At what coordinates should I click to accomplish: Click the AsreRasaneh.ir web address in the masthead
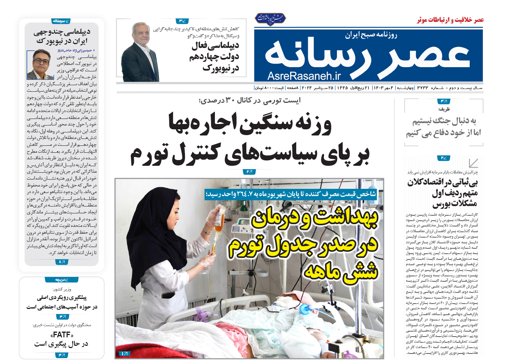tap(304, 76)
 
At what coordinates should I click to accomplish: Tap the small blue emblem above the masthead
tap(271, 19)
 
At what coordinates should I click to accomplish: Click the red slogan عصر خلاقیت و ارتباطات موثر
tap(450, 20)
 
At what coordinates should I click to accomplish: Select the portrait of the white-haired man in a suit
tap(140, 51)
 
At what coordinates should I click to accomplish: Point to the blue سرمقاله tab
tap(61, 21)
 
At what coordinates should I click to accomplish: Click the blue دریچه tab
tap(61, 280)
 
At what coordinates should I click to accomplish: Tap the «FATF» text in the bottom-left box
tap(62, 334)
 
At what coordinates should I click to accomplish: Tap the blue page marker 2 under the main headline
tap(249, 172)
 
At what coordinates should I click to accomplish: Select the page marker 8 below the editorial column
tap(61, 262)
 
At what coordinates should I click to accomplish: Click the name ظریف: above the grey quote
tap(444, 109)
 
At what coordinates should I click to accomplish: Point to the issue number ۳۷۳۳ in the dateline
tap(423, 88)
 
